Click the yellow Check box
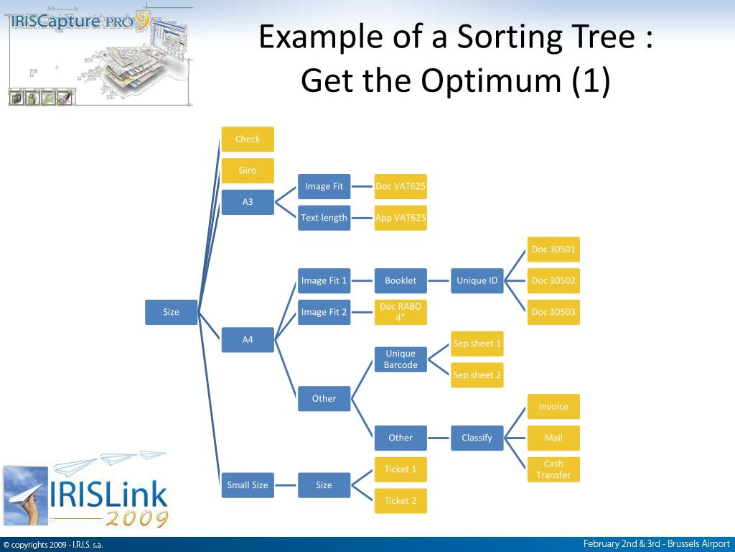point(248,139)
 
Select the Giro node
point(248,171)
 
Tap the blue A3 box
point(248,202)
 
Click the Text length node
point(324,218)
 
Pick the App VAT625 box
point(401,218)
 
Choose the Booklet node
point(401,280)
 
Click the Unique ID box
point(477,280)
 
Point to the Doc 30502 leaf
point(553,280)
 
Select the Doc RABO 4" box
point(401,312)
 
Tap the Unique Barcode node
point(401,359)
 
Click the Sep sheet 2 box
point(477,375)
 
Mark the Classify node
point(477,438)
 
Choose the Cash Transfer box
point(553,469)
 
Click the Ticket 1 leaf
point(401,469)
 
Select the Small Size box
point(248,485)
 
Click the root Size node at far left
point(171,312)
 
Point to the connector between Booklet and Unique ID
point(439,280)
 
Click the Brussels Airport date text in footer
point(656,544)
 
